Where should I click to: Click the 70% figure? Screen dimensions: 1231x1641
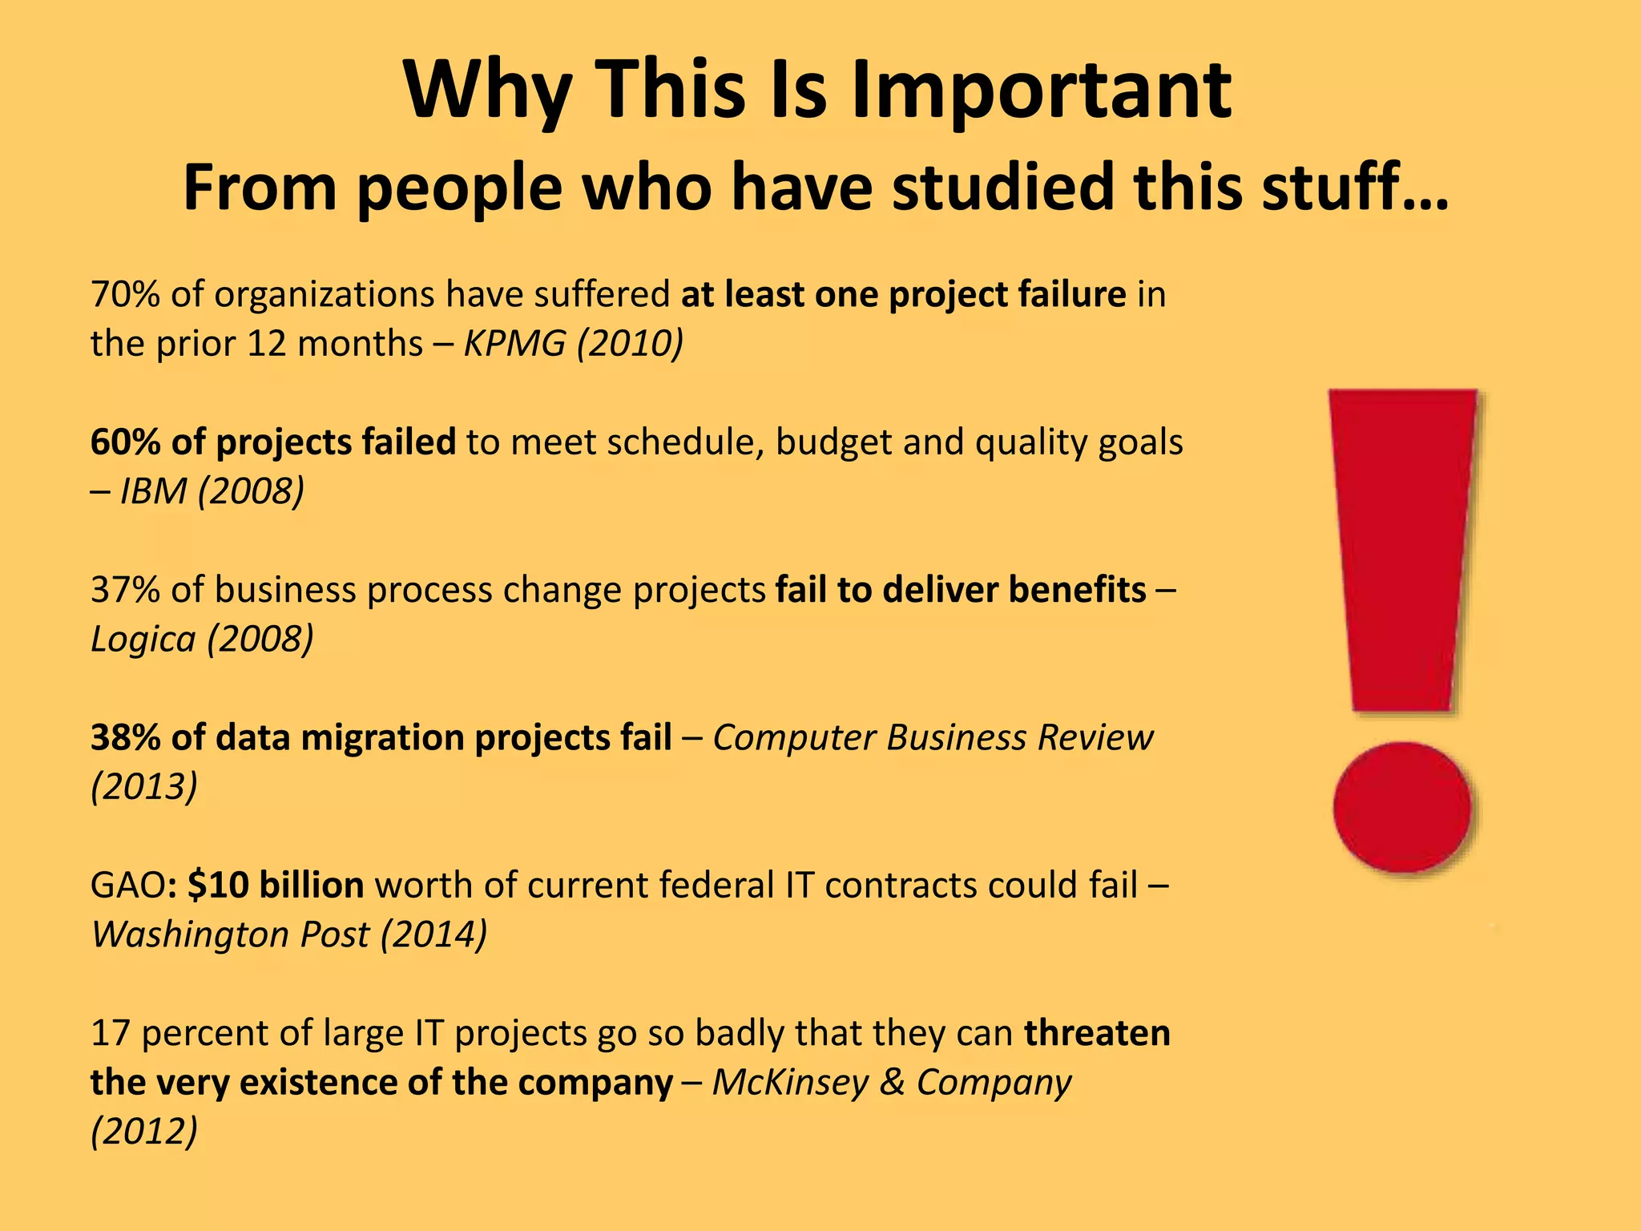125,295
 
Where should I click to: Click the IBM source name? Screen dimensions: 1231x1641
153,491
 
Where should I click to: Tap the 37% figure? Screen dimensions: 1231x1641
125,590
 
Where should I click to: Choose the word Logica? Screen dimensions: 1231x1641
143,640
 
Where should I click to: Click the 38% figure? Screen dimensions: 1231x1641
125,737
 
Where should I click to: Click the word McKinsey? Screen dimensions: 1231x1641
790,1083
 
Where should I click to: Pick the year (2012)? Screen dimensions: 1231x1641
144,1132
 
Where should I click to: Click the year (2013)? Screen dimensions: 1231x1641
144,787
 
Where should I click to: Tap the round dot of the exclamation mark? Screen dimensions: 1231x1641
1402,806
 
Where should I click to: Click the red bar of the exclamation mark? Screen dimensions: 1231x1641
1402,545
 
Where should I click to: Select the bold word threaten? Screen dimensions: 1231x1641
1097,1033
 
